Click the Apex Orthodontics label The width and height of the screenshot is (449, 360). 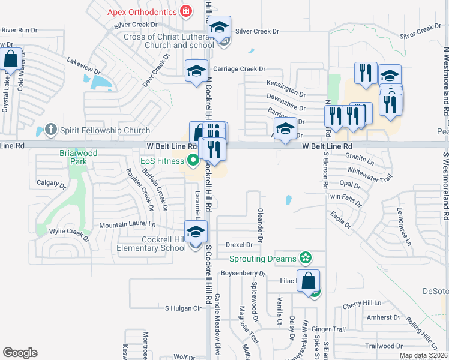(142, 12)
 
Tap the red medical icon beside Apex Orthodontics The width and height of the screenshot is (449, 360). (186, 11)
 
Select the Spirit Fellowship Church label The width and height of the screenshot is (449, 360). (104, 130)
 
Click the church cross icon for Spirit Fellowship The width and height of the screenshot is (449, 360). (51, 130)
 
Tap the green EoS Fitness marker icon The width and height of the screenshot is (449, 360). (193, 160)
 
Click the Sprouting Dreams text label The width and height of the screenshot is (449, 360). (263, 259)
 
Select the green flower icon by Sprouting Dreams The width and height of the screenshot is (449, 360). (306, 258)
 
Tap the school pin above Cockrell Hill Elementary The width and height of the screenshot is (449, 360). (196, 232)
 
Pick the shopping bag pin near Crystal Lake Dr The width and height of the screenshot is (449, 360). (11, 59)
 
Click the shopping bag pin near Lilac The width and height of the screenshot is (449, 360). (309, 281)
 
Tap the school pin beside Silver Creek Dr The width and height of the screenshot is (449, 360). (220, 27)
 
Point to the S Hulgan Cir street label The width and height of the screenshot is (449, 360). (183, 308)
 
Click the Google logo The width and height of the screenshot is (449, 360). (20, 353)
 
